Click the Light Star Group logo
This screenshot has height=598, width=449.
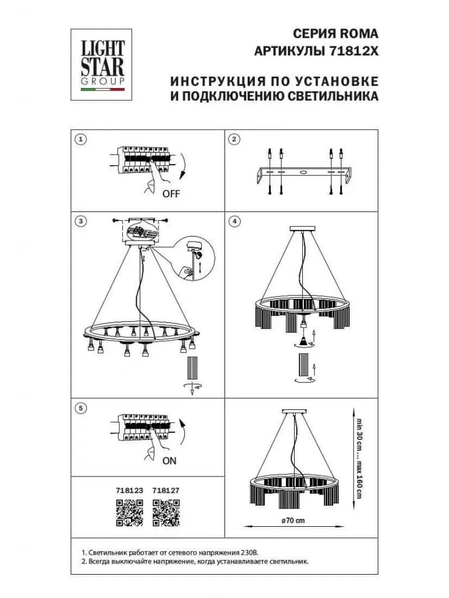(102, 64)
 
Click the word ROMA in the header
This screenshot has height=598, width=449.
(360, 33)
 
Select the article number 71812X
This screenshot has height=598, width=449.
(354, 51)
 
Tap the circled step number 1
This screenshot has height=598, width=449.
(81, 139)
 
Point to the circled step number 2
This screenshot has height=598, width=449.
(234, 139)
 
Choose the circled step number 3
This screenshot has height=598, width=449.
(81, 221)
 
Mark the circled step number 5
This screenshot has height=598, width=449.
(81, 408)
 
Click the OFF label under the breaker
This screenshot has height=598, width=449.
(171, 194)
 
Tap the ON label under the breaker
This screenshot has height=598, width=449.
(170, 461)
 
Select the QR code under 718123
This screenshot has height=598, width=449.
(130, 513)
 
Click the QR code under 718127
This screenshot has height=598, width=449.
(166, 513)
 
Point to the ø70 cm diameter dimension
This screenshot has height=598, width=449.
(293, 520)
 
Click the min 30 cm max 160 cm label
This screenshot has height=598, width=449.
(359, 459)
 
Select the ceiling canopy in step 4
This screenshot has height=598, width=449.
(302, 228)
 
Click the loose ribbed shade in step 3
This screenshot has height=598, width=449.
(192, 368)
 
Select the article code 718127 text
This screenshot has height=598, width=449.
(165, 491)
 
